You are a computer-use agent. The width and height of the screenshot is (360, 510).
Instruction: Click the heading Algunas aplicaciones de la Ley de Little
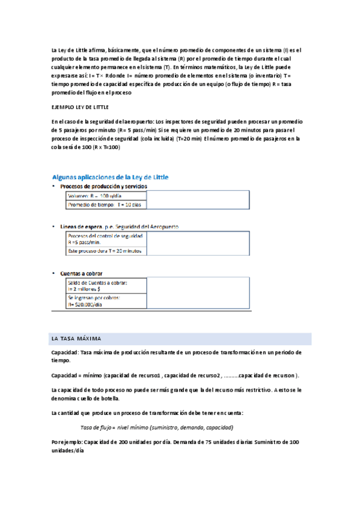coord(111,177)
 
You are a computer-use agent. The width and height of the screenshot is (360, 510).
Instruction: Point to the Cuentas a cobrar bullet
coord(81,273)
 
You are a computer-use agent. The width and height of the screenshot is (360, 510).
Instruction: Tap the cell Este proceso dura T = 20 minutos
coord(105,250)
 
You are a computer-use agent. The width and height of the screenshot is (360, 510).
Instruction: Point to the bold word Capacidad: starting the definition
coord(64,352)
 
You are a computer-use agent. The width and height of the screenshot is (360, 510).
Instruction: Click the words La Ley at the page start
coord(59,50)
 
